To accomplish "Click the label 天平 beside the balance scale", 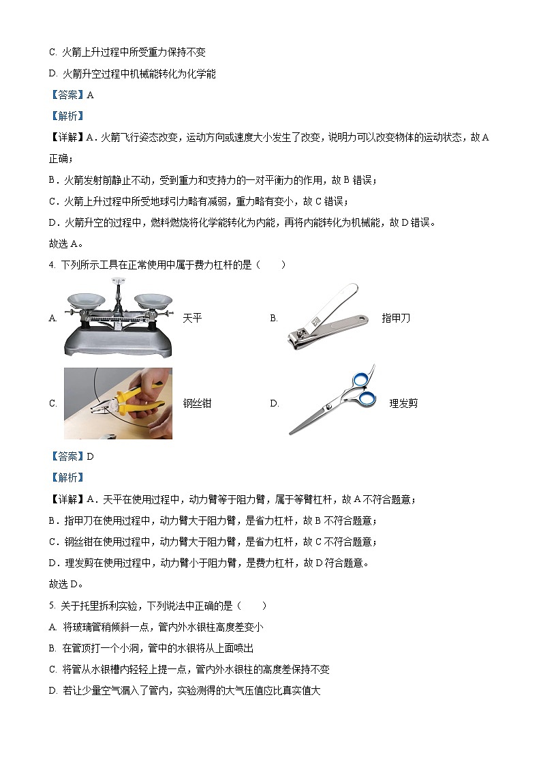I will pos(193,318).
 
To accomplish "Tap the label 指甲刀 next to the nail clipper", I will pos(396,318).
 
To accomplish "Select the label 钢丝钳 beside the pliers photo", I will pos(197,403).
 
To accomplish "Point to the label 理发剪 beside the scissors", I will pos(403,403).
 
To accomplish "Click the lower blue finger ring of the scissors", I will pos(367,398).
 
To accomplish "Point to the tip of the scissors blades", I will pos(292,432).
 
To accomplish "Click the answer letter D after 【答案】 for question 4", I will pos(90,456).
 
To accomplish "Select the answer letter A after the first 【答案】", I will pos(90,95).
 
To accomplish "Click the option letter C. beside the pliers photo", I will pos(52,403).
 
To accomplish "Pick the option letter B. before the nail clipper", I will pos(274,318).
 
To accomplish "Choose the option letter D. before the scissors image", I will pos(275,403).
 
